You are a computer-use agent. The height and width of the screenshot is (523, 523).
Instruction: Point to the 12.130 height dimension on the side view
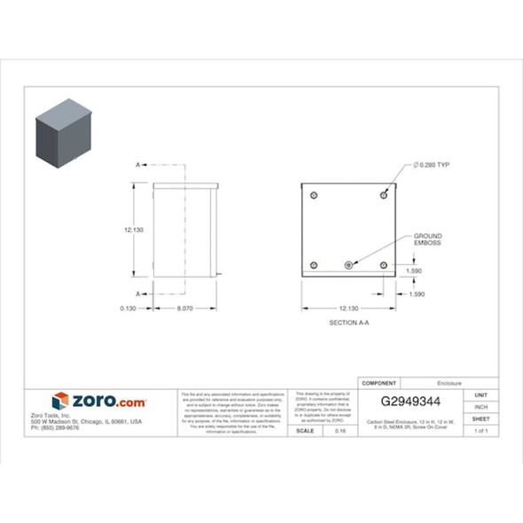(134, 230)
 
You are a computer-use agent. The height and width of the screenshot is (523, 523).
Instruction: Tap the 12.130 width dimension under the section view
(348, 308)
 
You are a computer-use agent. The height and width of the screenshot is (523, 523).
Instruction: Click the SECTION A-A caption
(348, 323)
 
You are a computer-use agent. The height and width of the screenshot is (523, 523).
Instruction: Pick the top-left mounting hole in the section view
(315, 193)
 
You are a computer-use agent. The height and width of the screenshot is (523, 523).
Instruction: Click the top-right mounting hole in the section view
(383, 193)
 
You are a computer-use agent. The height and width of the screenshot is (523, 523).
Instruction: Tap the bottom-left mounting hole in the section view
(315, 264)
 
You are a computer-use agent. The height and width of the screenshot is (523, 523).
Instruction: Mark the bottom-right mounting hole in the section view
(383, 264)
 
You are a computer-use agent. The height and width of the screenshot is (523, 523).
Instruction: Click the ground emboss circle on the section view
(349, 264)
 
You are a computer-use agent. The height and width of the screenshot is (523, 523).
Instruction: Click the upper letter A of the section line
(138, 165)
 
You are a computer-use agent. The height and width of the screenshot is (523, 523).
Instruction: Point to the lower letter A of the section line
(138, 293)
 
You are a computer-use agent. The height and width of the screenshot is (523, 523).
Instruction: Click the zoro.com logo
(98, 402)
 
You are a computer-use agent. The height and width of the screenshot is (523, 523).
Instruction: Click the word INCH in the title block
(481, 406)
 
